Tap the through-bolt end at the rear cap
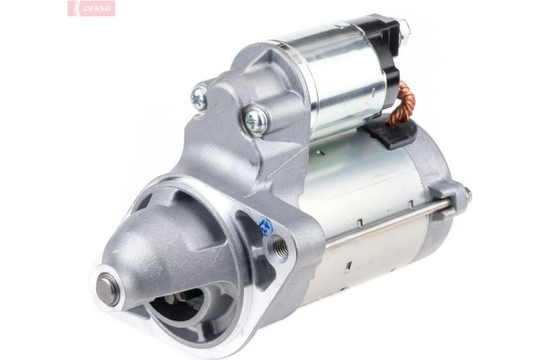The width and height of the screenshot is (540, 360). click(463, 191)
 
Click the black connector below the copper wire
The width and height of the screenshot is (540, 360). click(391, 134)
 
